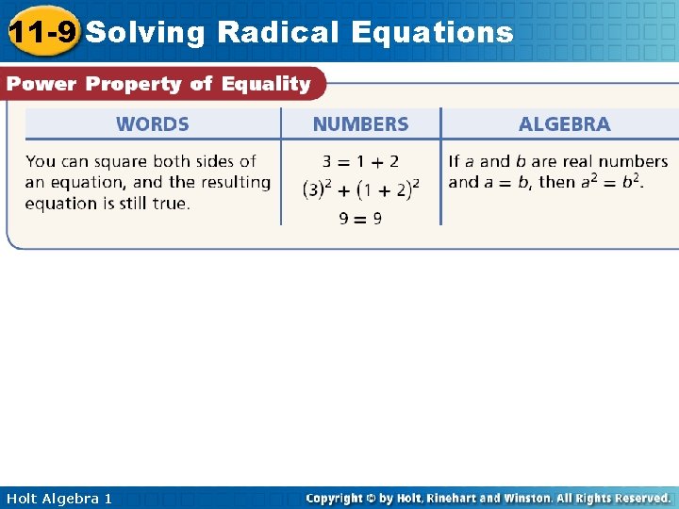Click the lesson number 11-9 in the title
41,32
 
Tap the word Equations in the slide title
432,32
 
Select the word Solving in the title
145,32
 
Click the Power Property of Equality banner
158,84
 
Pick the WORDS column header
152,124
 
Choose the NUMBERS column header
360,124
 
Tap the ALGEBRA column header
564,124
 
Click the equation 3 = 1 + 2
360,162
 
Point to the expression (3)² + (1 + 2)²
360,189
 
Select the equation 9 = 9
360,219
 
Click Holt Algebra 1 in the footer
58,498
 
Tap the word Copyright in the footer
337,498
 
